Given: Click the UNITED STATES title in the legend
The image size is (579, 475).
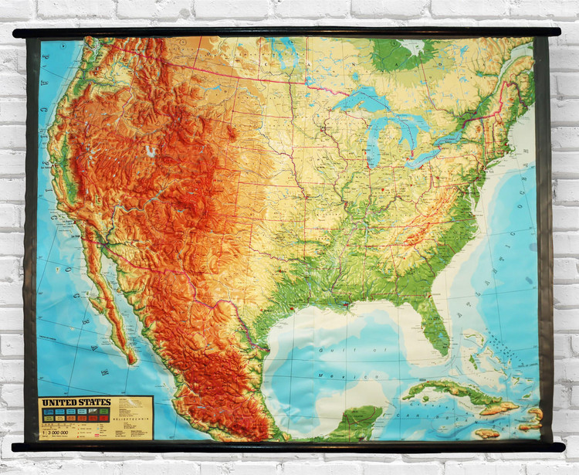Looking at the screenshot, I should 76,402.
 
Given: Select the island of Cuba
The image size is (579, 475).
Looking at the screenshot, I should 448,390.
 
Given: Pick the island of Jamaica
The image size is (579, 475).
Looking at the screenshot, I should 487,433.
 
